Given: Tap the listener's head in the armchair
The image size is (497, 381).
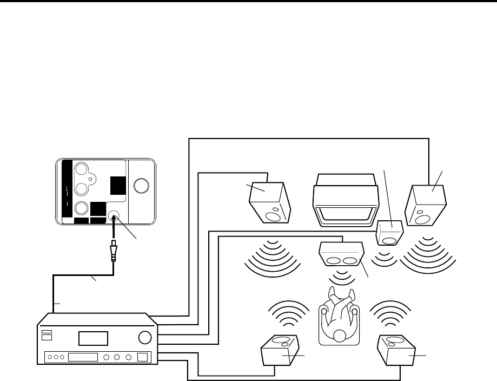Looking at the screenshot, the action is (339, 335).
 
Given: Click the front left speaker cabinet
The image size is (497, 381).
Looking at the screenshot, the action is (269, 202).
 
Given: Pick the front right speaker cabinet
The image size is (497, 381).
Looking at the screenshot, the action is (426, 205).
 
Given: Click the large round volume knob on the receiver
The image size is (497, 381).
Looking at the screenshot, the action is (144, 338).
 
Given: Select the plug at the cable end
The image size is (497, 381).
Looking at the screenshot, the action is (114, 252).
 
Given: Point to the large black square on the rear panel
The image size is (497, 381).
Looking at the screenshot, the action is (117, 186).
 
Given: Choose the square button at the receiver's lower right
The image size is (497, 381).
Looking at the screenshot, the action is (142, 357).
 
